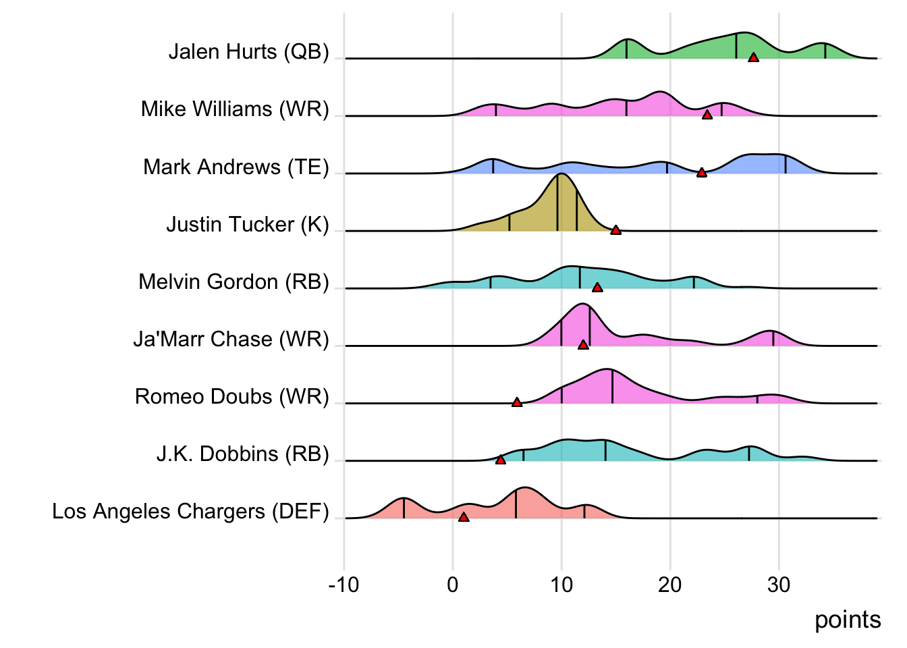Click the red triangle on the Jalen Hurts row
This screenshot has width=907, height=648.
[753, 57]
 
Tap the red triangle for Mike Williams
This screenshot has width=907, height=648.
[707, 115]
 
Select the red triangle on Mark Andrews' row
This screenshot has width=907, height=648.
[701, 173]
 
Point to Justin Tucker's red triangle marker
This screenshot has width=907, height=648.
[615, 230]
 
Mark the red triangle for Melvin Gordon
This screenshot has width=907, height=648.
[597, 288]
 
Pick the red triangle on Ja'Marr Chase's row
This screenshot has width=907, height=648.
[583, 345]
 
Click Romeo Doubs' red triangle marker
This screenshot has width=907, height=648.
[516, 402]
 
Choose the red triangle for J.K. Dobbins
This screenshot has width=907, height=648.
[500, 460]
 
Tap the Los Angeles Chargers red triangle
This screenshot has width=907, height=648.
[463, 517]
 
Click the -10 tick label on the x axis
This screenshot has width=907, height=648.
[343, 585]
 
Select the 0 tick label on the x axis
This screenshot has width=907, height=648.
[452, 585]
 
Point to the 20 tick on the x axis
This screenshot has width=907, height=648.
[669, 585]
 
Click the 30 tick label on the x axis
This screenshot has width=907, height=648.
[778, 585]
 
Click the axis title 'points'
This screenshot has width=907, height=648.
[848, 620]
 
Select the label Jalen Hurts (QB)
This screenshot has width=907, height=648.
[248, 52]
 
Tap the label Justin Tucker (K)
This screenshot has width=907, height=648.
[247, 224]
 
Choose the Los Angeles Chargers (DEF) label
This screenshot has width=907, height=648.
[190, 512]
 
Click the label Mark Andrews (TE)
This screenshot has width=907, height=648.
[236, 167]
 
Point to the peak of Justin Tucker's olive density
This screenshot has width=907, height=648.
[559, 175]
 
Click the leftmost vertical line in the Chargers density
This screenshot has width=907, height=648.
[404, 508]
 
